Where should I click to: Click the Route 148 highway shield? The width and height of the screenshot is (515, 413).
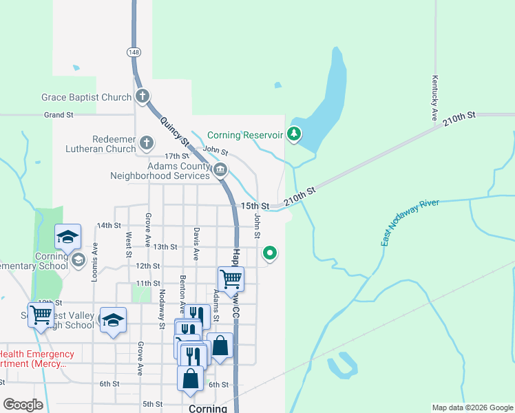pos(133,52)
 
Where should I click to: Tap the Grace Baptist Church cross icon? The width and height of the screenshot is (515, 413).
pos(143,96)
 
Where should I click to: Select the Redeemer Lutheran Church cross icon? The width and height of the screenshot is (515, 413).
pos(146,143)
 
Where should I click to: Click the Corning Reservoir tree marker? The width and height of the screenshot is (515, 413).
pos(295,134)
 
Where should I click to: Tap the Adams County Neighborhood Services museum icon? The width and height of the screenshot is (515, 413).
pos(220,170)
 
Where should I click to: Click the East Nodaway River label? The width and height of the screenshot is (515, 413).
pos(410,222)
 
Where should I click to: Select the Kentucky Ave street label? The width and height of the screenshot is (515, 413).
pos(434,98)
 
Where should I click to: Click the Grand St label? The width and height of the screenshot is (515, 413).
pos(59,115)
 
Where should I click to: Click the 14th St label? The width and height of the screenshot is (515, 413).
pos(109,225)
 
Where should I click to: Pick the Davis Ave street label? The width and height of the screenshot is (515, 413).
pos(196,244)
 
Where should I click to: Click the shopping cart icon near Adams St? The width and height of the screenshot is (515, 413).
pos(231,279)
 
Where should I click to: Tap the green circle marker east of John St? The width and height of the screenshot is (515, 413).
pos(270,254)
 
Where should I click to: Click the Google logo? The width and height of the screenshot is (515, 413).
pos(23,405)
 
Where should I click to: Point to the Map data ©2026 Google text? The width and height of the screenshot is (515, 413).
pos(472,407)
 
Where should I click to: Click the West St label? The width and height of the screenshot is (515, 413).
pos(129,244)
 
